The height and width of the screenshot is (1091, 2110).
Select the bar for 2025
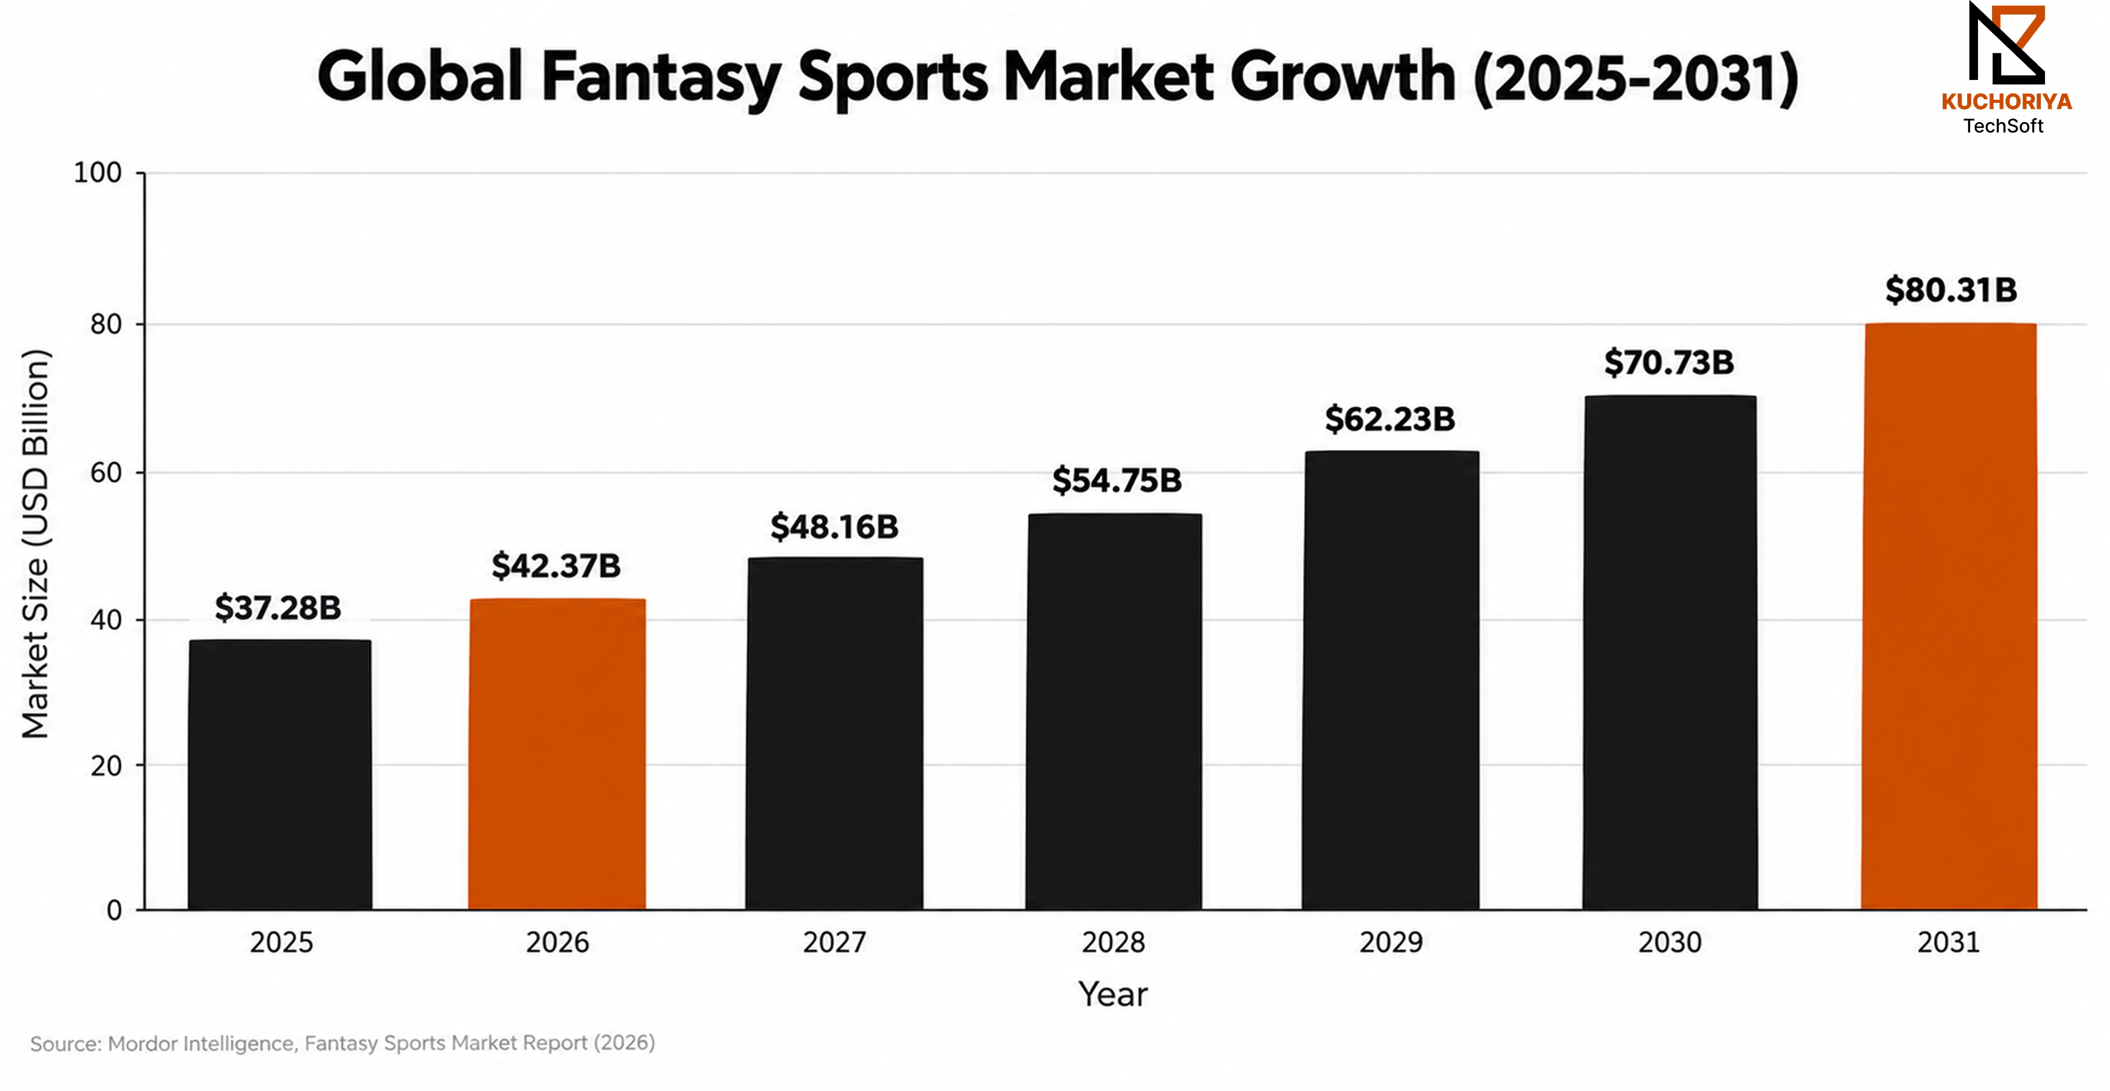(280, 774)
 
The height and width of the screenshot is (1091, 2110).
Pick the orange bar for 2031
(1949, 616)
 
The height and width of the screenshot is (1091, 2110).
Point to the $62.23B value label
(1390, 419)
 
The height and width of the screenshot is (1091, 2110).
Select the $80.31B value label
(1951, 290)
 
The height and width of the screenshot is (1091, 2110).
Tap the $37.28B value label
(278, 608)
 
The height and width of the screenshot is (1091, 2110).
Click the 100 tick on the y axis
(98, 173)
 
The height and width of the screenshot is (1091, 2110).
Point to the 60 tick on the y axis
(105, 473)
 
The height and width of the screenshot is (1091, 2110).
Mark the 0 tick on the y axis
(114, 910)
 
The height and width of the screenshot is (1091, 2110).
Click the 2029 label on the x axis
(1391, 943)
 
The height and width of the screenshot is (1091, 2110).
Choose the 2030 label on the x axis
(1669, 943)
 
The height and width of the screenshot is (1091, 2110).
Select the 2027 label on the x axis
(834, 943)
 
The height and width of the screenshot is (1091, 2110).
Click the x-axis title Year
(1113, 994)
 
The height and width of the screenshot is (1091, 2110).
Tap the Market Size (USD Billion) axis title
(36, 544)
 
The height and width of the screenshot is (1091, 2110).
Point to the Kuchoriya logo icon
(2007, 44)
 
